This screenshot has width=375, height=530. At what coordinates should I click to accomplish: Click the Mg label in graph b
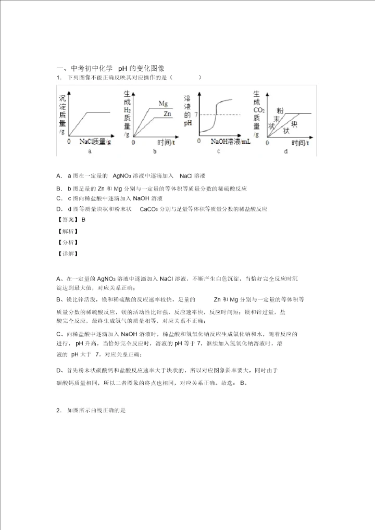tap(163, 104)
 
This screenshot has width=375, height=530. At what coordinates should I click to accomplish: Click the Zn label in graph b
tap(167, 113)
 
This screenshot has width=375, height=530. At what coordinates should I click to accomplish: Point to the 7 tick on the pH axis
tap(196, 115)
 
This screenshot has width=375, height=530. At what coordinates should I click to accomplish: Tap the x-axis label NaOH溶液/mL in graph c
tap(230, 141)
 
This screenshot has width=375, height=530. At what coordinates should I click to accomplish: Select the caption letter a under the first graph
tap(90, 152)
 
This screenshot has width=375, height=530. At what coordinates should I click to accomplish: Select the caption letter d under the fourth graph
tap(285, 152)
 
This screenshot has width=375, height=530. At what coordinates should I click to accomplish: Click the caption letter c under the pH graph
tap(218, 152)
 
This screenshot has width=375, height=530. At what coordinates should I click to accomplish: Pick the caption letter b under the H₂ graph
tap(155, 152)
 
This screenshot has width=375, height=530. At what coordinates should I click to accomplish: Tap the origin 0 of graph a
tap(70, 141)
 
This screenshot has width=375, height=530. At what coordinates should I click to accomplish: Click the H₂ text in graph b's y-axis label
tap(127, 110)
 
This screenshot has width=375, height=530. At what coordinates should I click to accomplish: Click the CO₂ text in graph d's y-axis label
tap(259, 110)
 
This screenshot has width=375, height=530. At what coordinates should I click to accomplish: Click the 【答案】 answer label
tap(68, 219)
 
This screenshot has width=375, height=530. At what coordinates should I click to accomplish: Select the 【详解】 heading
tap(68, 254)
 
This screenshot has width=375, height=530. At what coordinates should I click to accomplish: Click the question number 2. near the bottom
tap(59, 410)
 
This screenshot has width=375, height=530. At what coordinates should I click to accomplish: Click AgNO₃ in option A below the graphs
tap(123, 176)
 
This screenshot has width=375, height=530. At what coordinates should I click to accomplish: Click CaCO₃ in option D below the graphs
tap(152, 209)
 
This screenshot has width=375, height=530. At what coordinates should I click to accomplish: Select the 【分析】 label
tap(68, 242)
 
